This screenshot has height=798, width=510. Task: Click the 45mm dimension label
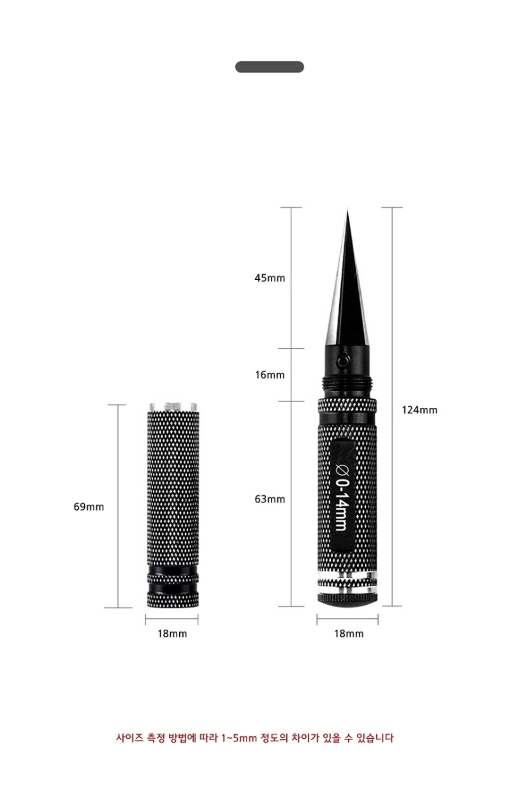pos(270,278)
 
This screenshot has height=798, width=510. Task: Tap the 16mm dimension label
pos(270,375)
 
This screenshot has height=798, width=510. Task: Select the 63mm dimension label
pos(270,499)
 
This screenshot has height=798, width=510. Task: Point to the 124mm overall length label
pos(419,410)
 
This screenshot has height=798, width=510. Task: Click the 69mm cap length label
pos(89,507)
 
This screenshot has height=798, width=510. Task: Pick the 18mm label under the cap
pos(172,634)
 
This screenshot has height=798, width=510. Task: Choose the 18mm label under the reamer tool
pos(349,634)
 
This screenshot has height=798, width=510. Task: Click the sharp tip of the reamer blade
pos(347,210)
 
